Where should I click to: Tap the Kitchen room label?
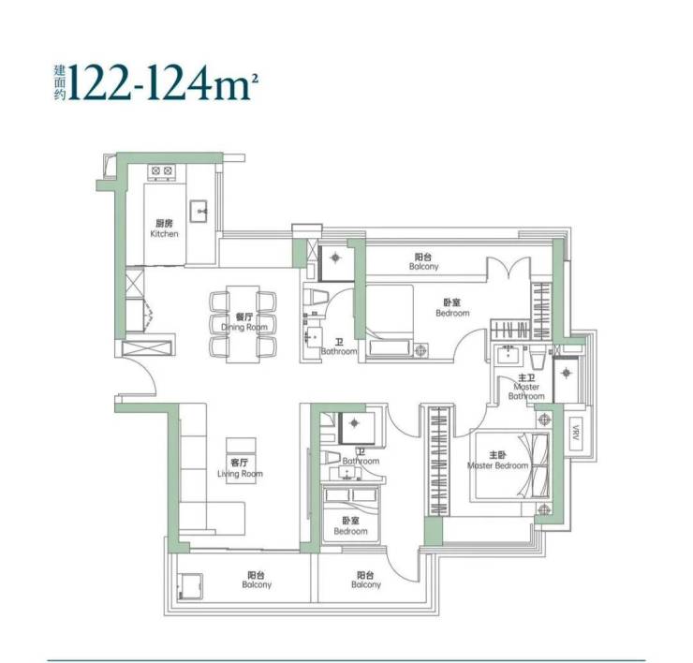(x=164, y=228)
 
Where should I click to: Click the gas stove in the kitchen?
(x=162, y=172)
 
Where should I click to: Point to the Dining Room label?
(x=244, y=322)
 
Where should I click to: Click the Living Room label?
(x=240, y=468)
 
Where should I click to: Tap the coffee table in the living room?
(x=241, y=460)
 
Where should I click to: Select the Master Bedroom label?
(x=497, y=460)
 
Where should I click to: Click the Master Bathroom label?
(x=526, y=387)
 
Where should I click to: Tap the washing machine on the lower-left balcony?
(x=190, y=586)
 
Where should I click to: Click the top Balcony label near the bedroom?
(x=423, y=261)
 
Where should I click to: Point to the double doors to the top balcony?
(x=509, y=269)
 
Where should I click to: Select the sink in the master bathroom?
(x=508, y=355)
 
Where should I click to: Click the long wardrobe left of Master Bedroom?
(x=438, y=461)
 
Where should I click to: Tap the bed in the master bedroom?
(x=509, y=465)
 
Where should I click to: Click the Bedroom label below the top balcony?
(x=452, y=308)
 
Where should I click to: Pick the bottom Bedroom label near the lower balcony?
(x=350, y=526)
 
